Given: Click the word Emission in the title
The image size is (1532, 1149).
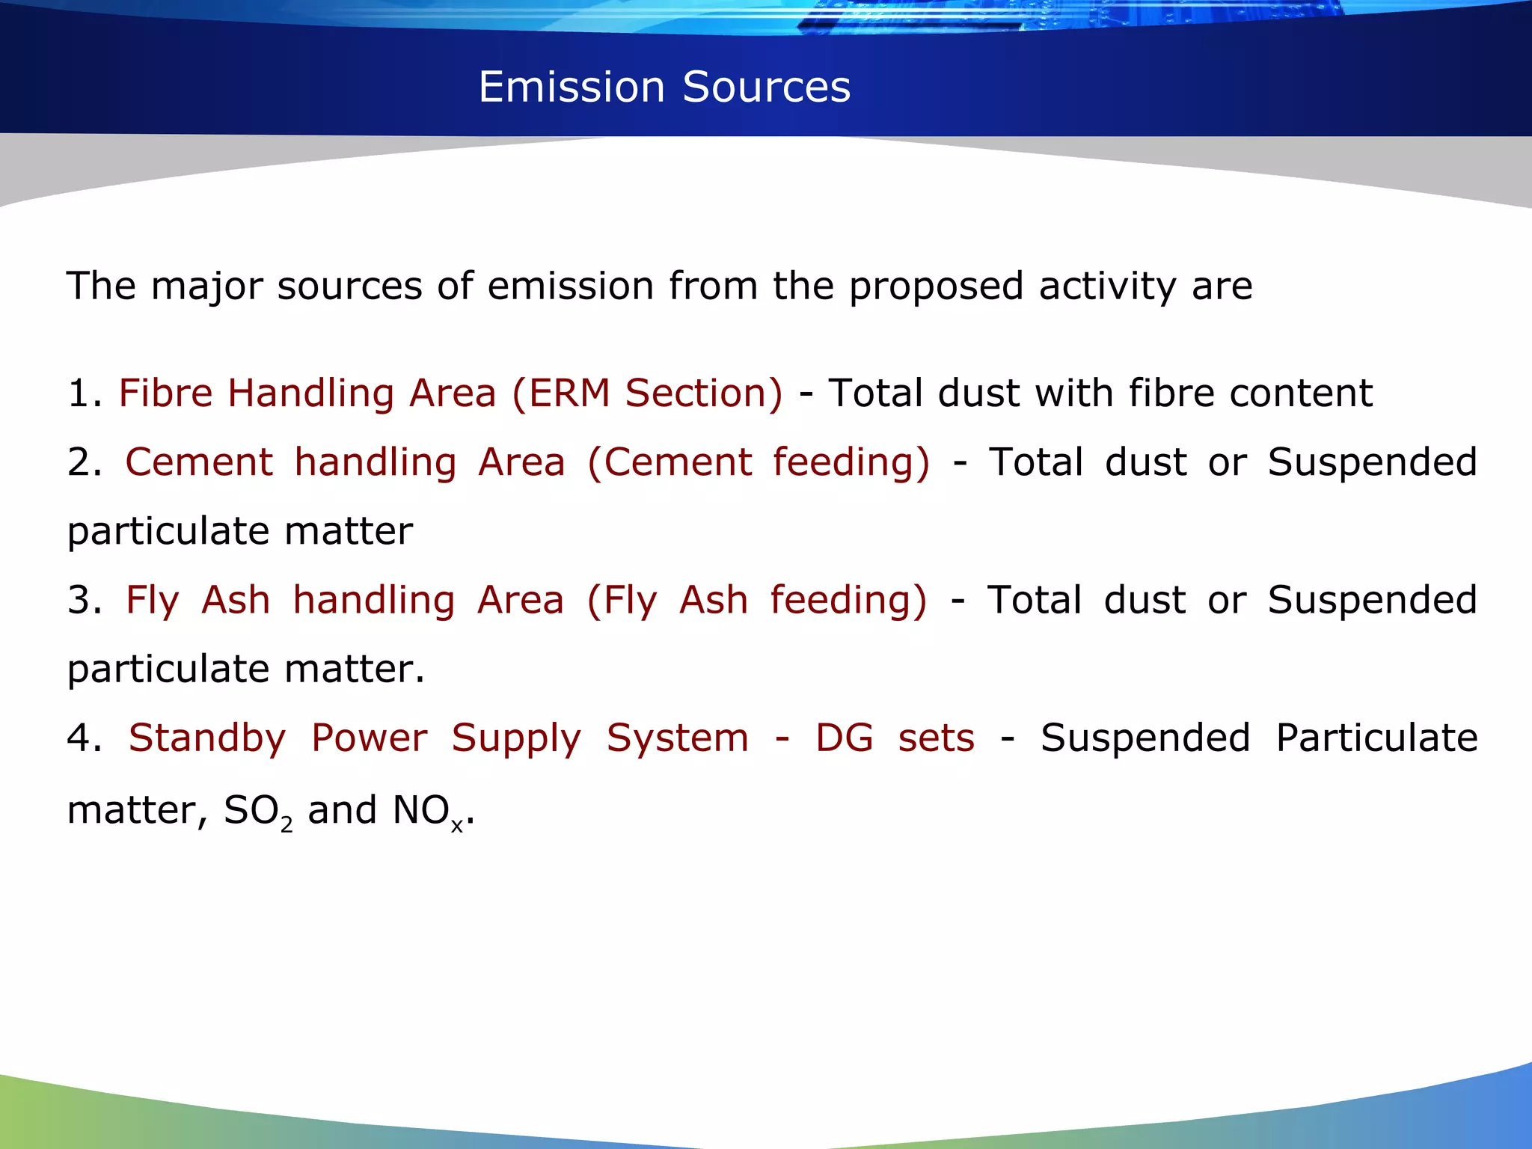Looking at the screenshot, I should click(571, 87).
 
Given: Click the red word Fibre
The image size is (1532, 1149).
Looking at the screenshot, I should click(165, 393).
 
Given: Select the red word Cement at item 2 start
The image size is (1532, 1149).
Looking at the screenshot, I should click(198, 462).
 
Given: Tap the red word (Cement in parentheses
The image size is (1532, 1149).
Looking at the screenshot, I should click(669, 462).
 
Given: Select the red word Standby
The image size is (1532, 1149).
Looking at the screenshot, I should click(207, 739).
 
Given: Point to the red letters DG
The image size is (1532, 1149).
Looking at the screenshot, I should click(844, 738).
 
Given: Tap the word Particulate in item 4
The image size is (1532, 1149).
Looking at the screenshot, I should click(1376, 738).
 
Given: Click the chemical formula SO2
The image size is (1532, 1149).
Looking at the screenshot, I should click(257, 811).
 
